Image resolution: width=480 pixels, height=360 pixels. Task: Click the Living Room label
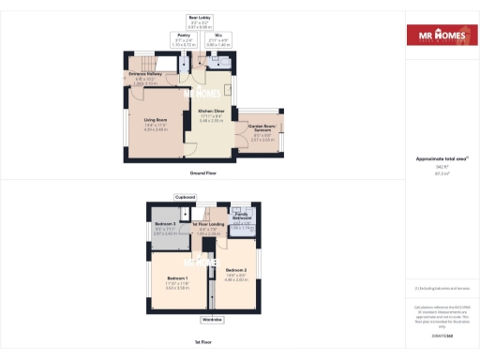[155, 120]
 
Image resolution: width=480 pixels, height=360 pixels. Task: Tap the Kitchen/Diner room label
[210, 111]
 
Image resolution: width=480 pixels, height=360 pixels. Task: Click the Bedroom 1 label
[178, 279]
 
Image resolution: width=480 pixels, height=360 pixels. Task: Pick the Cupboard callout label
[185, 197]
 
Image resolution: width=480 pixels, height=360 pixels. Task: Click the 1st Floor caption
[203, 341]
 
